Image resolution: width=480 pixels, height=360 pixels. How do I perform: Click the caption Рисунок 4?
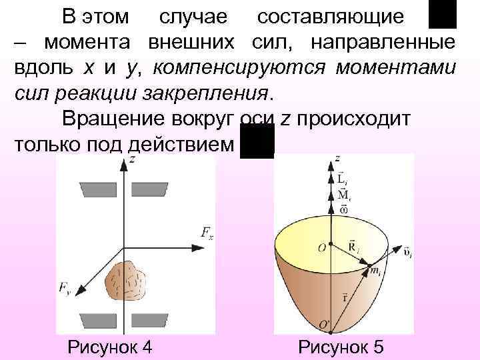pos(110,347)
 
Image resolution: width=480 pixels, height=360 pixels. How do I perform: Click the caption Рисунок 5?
pos(341,347)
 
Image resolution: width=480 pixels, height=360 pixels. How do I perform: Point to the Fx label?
pos(207,233)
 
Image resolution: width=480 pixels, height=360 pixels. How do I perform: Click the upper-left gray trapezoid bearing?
pos(97,190)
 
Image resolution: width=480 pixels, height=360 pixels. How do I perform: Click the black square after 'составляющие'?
pos(442,14)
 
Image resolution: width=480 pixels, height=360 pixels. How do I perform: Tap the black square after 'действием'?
pos(257,141)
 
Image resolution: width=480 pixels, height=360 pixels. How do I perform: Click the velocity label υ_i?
pos(406,254)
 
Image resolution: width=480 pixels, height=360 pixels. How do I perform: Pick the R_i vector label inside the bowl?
pos(353,247)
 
